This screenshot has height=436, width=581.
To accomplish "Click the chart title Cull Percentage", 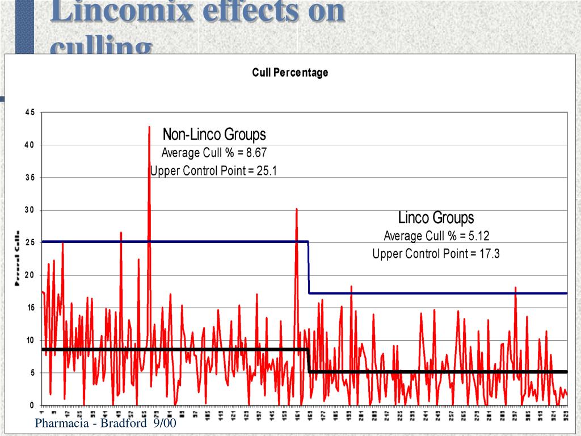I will pyautogui.click(x=290, y=73).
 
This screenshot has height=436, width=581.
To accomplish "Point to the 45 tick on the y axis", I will pyautogui.click(x=29, y=112).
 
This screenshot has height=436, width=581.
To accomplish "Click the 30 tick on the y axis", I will pyautogui.click(x=29, y=210).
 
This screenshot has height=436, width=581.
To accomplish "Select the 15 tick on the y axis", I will pyautogui.click(x=29, y=308).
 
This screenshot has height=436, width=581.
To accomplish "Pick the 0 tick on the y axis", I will pyautogui.click(x=32, y=405).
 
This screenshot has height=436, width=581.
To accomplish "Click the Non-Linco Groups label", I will pyautogui.click(x=214, y=135).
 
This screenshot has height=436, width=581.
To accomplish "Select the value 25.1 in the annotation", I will pyautogui.click(x=266, y=171).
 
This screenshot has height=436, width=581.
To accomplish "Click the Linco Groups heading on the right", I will pyautogui.click(x=436, y=217).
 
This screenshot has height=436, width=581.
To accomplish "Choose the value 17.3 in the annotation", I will pyautogui.click(x=489, y=254).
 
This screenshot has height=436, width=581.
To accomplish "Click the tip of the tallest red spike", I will pyautogui.click(x=149, y=127).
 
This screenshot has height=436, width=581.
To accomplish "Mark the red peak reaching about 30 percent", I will pyautogui.click(x=296, y=209).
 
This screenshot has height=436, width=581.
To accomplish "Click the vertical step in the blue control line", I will pyautogui.click(x=309, y=267).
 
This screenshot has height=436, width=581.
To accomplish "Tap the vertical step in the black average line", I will pyautogui.click(x=309, y=360).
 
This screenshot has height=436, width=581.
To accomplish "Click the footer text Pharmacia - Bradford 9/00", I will pyautogui.click(x=106, y=424).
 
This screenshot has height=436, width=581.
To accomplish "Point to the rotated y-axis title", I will pyautogui.click(x=18, y=258).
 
